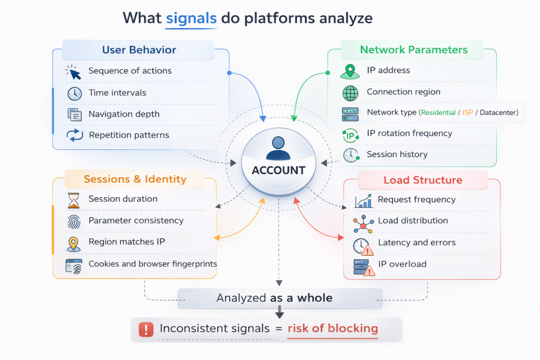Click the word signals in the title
[191, 18]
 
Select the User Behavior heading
[139, 50]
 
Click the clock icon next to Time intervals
[74, 93]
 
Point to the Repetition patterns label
[129, 135]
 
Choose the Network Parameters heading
[413, 50]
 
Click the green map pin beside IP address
[349, 71]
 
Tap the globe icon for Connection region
[350, 93]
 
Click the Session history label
[397, 154]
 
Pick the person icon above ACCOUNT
[278, 148]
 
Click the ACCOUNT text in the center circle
[278, 170]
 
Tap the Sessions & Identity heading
[135, 179]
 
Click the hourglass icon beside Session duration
[73, 200]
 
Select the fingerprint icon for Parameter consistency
[74, 221]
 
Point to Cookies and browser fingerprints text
[152, 264]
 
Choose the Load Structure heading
[422, 180]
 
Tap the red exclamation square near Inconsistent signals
[145, 329]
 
